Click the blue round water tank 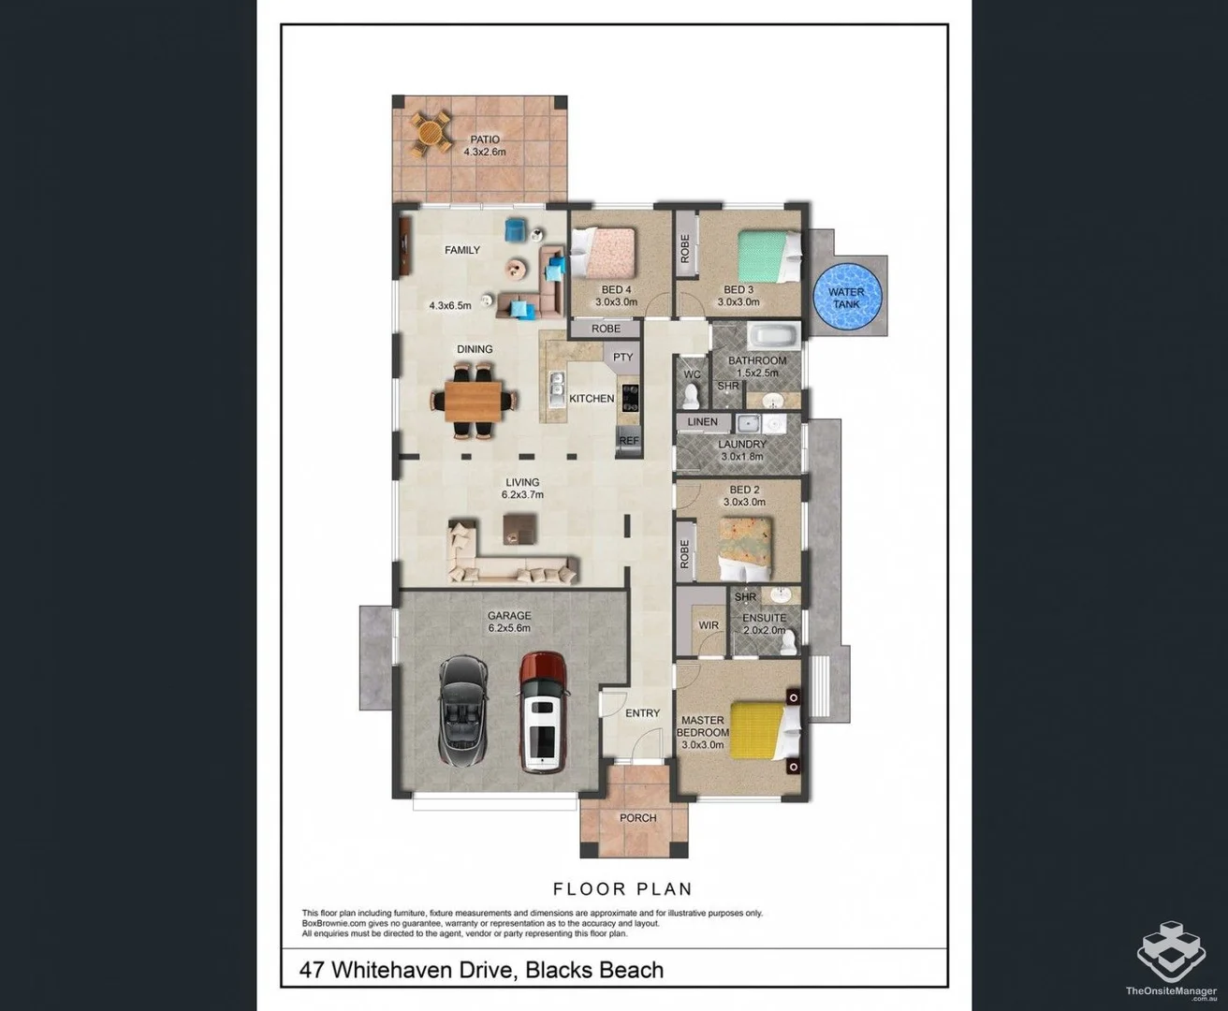[x=847, y=297]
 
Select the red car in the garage [x=542, y=712]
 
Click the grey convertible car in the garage [x=463, y=711]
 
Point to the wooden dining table [x=474, y=400]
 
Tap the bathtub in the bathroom [x=774, y=337]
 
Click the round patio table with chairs [x=431, y=135]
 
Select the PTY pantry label [x=623, y=357]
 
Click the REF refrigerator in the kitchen [x=629, y=440]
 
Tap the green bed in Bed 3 [x=769, y=256]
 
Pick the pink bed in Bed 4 [x=602, y=252]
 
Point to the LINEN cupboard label [x=702, y=421]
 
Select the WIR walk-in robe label [x=709, y=625]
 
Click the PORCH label [x=638, y=817]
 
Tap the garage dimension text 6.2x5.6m [x=509, y=628]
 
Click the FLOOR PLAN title [x=622, y=888]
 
